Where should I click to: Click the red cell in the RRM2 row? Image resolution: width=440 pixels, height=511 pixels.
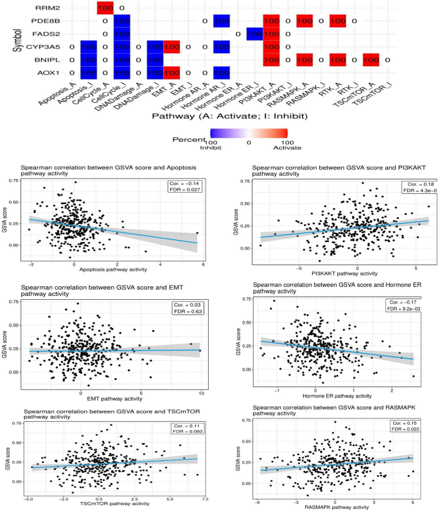(x=105, y=8)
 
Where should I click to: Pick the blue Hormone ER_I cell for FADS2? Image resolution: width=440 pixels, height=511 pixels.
(x=256, y=35)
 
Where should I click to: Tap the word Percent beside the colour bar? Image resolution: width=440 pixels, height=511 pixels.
(x=190, y=138)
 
